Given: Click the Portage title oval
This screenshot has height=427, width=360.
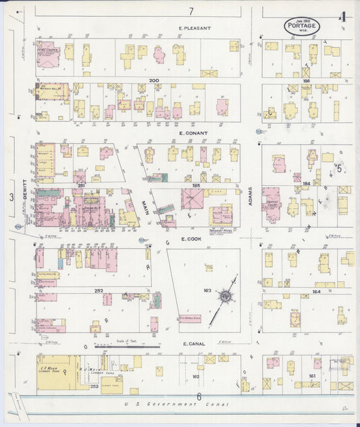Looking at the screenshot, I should point(302,26).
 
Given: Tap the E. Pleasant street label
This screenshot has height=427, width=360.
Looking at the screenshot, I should point(195,28).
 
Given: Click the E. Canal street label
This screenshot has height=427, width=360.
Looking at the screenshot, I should point(193,343).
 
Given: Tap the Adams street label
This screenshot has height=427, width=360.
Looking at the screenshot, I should point(250,196).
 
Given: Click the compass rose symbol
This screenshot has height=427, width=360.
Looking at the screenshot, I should point(224,296).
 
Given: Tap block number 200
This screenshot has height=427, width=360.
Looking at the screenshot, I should point(153,80).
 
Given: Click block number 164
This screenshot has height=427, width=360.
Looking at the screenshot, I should point(316,291).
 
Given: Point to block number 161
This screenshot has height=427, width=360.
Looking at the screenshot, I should point(311,376).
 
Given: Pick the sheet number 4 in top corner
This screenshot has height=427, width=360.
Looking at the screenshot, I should point(342,18).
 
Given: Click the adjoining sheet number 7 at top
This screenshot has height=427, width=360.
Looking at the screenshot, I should point(191,11).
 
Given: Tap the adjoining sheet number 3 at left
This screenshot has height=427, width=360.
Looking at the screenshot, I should point(11,197).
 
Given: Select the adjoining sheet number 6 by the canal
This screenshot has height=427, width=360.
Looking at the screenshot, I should point(199,396).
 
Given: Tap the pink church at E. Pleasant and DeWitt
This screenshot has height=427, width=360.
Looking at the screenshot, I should point(47,56).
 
